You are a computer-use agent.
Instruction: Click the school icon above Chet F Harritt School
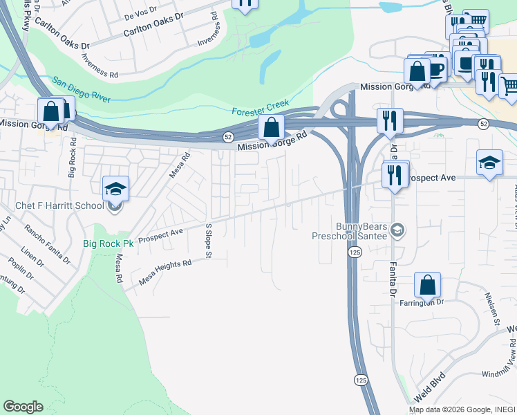[x=115, y=189]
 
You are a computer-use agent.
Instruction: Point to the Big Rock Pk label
[x=108, y=243]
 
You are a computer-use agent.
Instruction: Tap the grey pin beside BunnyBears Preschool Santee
[x=397, y=229]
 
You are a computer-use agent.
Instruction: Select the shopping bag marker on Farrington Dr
[x=428, y=285]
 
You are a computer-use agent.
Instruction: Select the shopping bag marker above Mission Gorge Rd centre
[x=272, y=128]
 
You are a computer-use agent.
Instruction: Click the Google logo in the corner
[x=23, y=407]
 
